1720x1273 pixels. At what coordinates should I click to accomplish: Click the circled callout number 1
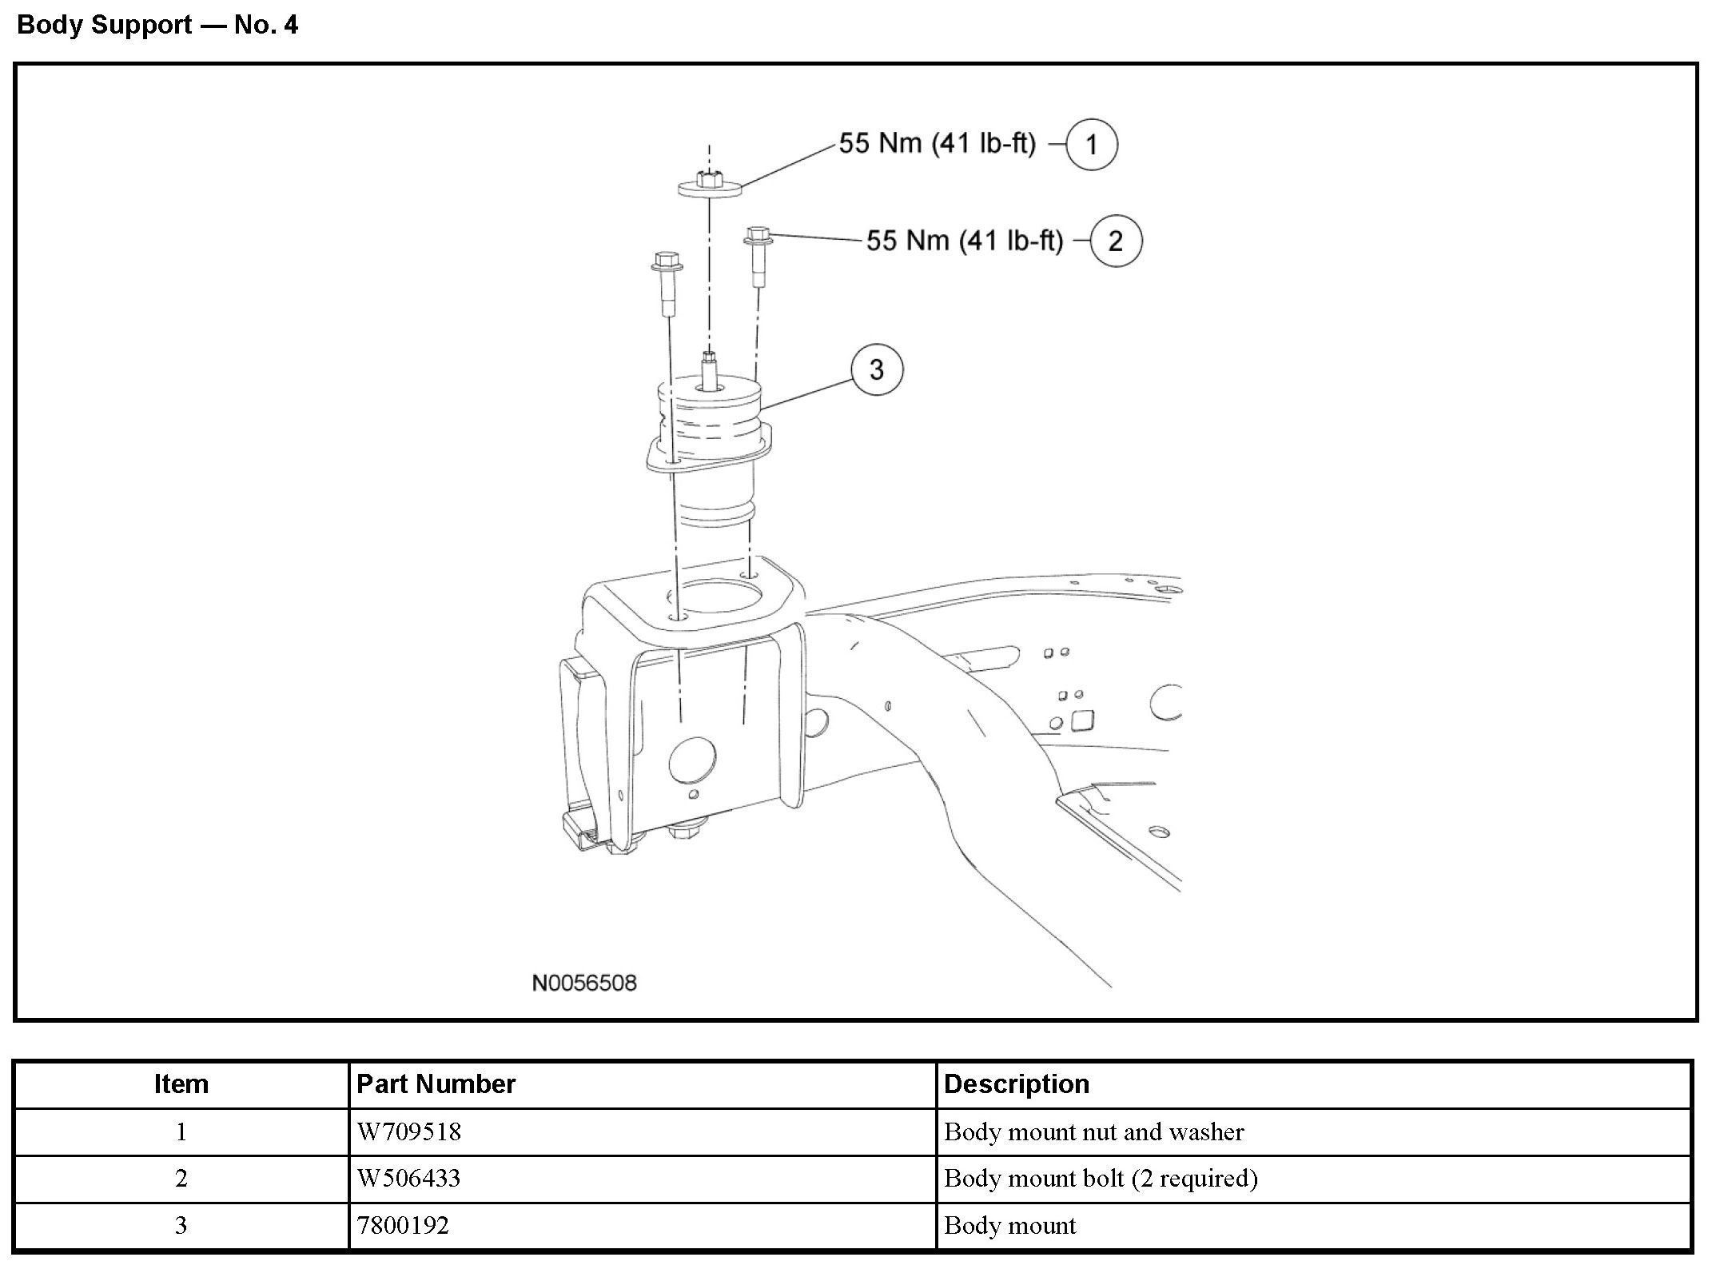[x=1091, y=145]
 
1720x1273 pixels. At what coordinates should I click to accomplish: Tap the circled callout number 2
[x=1115, y=241]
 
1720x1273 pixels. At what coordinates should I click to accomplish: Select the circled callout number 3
[x=877, y=369]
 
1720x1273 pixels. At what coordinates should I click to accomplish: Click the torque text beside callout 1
[x=937, y=144]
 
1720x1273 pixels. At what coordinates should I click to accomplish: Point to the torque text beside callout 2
[x=965, y=241]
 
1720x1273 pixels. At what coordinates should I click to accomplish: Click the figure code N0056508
[x=584, y=983]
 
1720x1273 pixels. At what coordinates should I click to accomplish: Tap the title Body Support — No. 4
[x=157, y=25]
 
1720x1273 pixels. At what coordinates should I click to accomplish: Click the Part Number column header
[x=436, y=1084]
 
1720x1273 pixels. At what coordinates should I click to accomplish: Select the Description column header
[x=1016, y=1084]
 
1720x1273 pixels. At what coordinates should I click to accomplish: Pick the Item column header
[x=181, y=1084]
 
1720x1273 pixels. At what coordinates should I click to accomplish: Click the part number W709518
[x=408, y=1132]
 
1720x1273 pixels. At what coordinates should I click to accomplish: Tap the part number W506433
[x=408, y=1179]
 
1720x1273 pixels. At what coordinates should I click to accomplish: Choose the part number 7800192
[x=403, y=1226]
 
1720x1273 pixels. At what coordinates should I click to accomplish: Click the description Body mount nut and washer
[x=1093, y=1132]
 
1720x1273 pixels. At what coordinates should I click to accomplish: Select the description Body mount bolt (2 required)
[x=1101, y=1179]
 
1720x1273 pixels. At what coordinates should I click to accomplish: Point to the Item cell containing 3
[x=181, y=1226]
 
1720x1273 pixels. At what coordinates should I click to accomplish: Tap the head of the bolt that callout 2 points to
[x=758, y=235]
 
